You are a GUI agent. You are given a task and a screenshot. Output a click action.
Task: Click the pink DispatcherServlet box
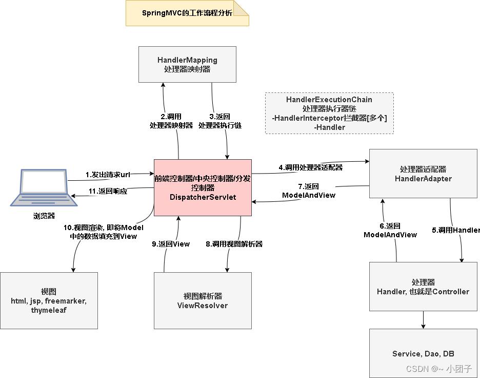203,187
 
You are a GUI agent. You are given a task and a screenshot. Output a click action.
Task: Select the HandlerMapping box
187,64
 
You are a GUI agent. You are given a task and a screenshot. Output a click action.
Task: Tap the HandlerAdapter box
423,174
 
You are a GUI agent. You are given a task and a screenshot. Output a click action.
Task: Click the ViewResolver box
203,300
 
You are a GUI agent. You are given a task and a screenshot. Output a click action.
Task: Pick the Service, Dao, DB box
423,353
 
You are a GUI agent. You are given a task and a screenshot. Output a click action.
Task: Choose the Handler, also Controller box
423,287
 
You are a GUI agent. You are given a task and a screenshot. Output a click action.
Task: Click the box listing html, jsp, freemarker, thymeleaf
49,300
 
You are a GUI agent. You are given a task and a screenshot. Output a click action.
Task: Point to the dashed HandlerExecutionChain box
329,113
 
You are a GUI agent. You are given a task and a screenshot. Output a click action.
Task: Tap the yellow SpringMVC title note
187,13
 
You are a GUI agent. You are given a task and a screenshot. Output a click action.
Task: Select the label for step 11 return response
108,191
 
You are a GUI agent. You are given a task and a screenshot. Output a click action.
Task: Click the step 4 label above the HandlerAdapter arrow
311,167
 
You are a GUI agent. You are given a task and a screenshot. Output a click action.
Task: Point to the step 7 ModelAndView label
309,191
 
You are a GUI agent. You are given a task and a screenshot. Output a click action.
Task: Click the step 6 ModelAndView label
390,230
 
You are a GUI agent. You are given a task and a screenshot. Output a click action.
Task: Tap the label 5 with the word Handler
455,230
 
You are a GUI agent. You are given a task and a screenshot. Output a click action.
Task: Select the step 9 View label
171,244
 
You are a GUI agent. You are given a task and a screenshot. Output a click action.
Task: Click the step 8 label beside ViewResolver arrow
234,244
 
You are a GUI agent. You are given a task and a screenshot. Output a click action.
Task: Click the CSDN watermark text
438,369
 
